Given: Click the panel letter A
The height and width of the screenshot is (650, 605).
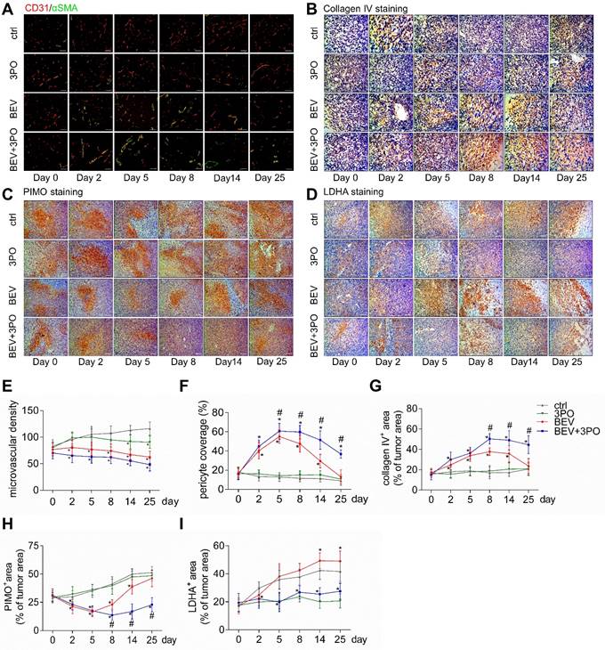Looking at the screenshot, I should tap(8, 8).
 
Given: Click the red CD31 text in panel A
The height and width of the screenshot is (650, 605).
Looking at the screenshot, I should tap(36, 8).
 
